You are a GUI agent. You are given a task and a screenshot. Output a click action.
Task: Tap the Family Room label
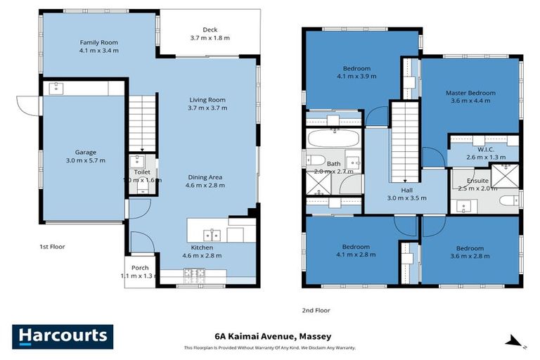click(98, 42)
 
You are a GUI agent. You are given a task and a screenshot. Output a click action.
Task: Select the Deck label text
click(211, 30)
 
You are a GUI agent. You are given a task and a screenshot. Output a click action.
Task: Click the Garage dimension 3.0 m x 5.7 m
click(86, 160)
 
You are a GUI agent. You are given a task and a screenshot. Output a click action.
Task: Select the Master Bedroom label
click(470, 93)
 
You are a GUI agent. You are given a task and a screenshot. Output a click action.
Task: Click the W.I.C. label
click(484, 148)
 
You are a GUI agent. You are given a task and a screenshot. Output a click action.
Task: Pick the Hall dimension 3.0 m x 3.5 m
click(406, 198)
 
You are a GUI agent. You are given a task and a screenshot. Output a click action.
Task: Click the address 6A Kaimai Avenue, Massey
click(272, 336)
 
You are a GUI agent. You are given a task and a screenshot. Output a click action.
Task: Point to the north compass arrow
click(515, 342)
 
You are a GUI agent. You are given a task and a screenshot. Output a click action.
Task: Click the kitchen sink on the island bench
click(211, 234)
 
